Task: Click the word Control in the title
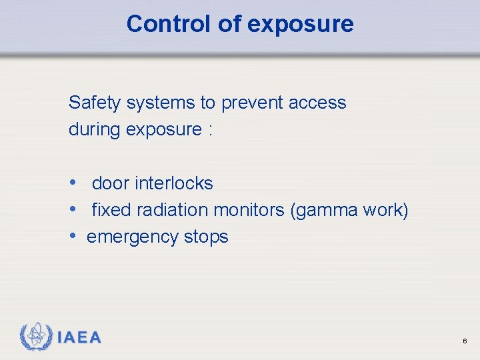tap(169, 24)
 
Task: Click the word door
tap(111, 183)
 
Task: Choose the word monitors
tap(249, 210)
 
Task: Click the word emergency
tap(133, 237)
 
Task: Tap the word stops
tap(206, 237)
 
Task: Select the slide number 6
tap(464, 341)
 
